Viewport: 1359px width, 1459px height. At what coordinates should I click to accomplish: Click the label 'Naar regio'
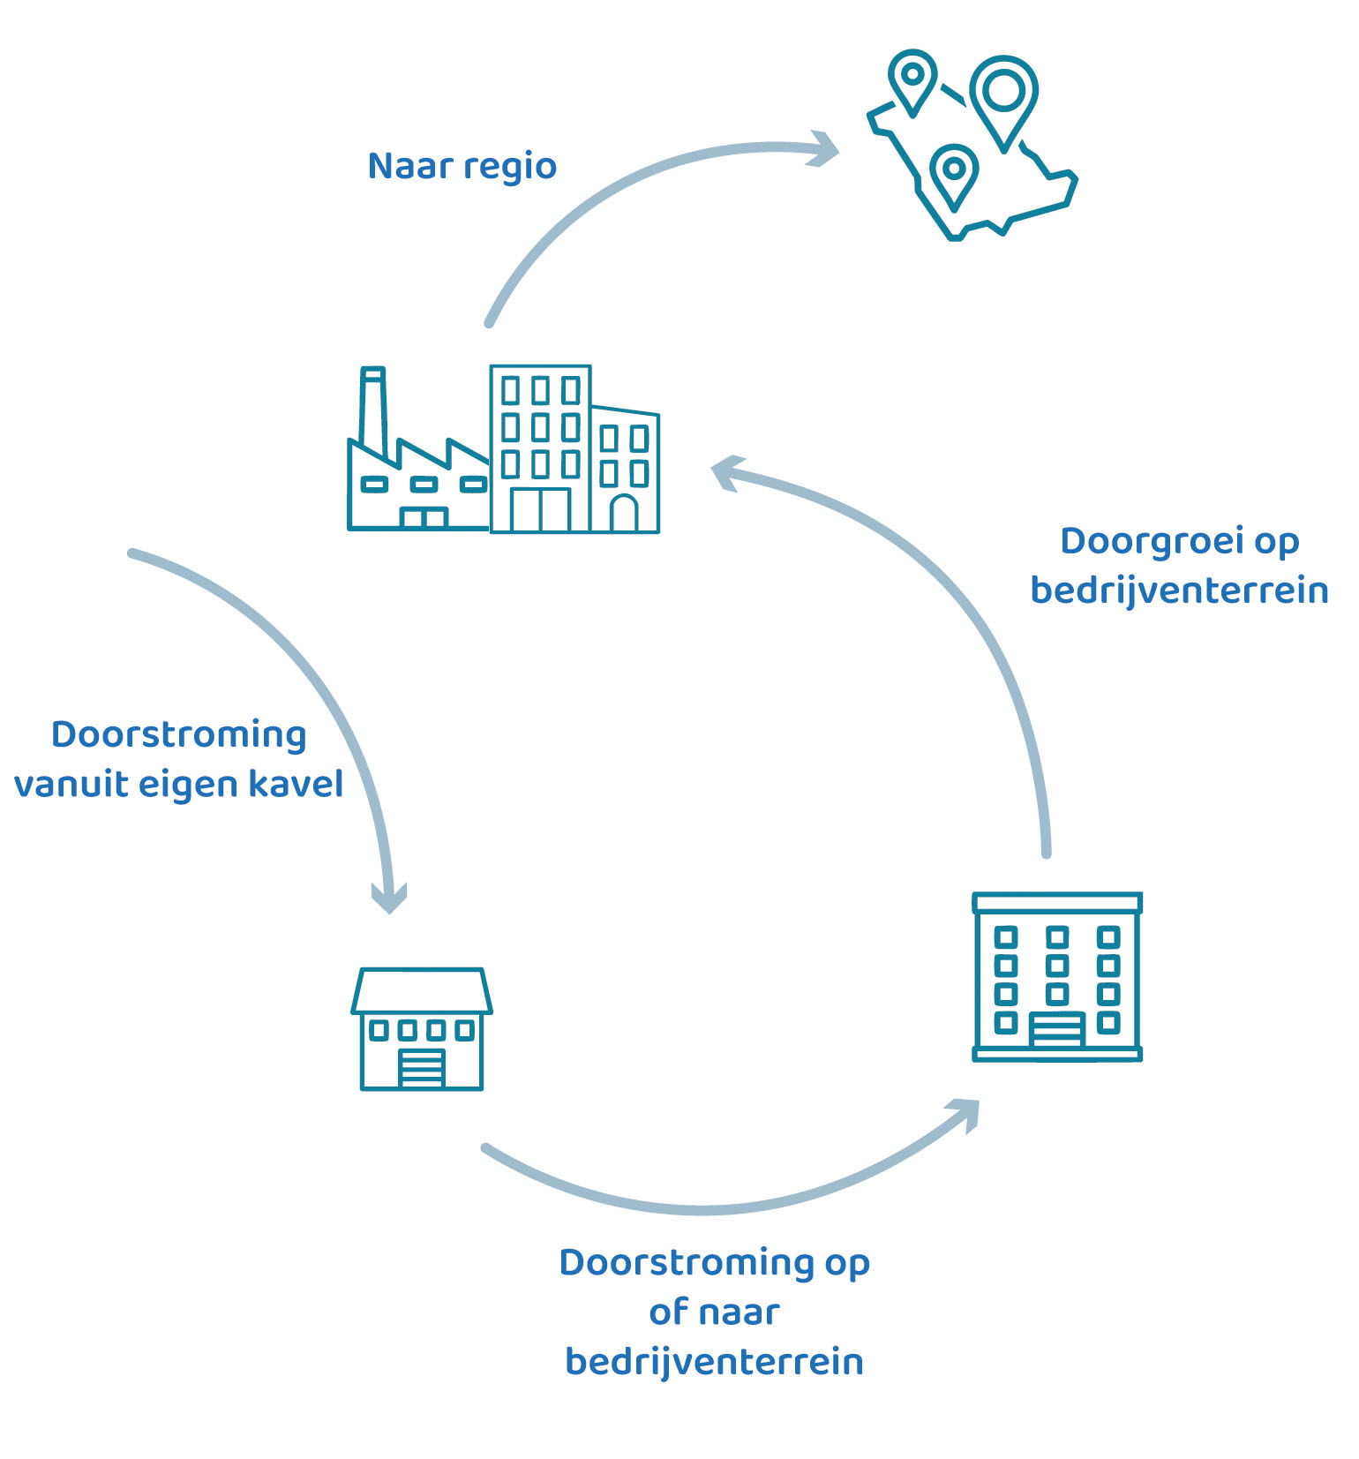[462, 166]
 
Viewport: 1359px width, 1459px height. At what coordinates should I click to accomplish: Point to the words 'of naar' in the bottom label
[714, 1312]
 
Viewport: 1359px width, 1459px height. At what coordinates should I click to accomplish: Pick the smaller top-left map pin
[912, 76]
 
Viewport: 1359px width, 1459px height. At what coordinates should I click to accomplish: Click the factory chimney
[373, 410]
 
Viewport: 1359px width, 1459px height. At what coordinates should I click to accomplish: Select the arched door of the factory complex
[624, 514]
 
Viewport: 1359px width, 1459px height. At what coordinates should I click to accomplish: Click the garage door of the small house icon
[422, 1067]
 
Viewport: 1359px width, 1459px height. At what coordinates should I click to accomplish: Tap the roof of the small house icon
[422, 990]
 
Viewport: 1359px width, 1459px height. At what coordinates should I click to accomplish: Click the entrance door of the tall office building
[1056, 1030]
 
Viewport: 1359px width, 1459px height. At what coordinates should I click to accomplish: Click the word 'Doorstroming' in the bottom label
[686, 1262]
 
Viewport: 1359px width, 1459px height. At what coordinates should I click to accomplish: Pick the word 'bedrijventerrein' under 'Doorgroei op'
[1179, 590]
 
